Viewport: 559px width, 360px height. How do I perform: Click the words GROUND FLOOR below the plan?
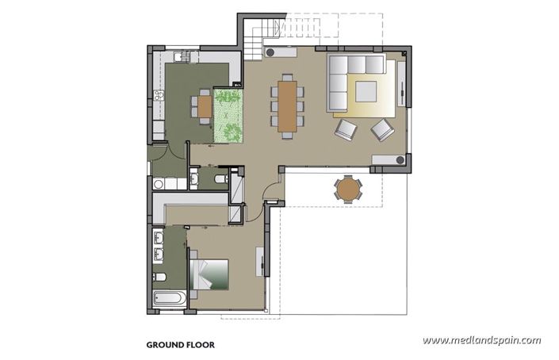(180, 346)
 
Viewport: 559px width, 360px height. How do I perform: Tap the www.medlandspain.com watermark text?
(481, 340)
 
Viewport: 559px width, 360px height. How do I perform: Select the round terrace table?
(347, 189)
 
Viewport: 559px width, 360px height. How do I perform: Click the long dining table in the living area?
(287, 104)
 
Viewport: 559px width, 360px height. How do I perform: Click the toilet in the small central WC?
(222, 180)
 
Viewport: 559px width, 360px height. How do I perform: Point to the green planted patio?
(229, 117)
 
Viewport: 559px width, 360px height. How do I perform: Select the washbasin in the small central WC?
(195, 181)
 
